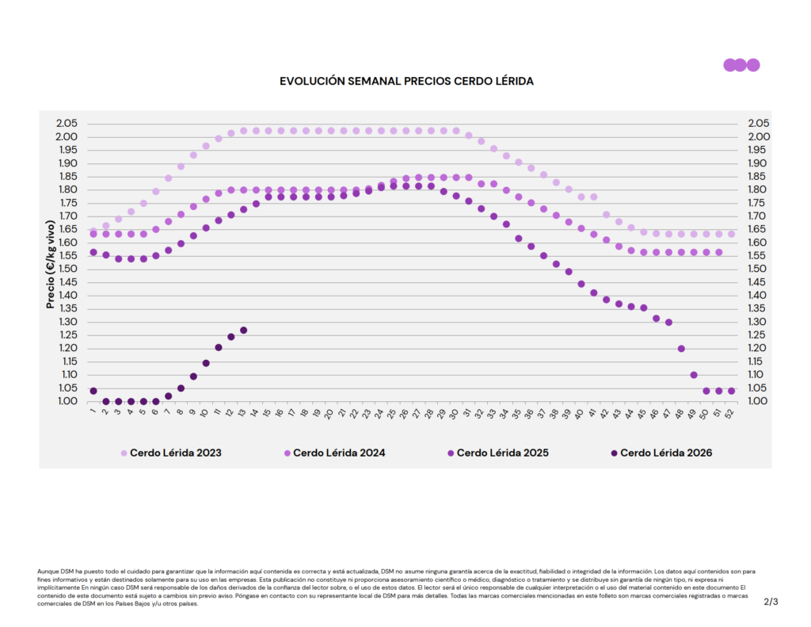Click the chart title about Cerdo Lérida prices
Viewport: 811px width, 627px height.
(407, 81)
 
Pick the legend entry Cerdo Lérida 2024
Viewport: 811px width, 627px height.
(339, 453)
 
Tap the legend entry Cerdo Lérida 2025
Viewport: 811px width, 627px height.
(503, 453)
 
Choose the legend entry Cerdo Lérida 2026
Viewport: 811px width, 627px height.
(666, 453)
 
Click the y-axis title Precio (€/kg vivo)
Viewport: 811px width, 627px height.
(51, 262)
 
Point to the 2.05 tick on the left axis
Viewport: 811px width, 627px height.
(67, 124)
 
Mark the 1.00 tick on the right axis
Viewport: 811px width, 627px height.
(759, 401)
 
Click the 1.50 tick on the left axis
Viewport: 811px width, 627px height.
(67, 269)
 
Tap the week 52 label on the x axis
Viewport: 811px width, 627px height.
(730, 414)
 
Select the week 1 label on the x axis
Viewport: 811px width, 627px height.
(93, 413)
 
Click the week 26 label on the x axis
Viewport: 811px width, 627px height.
(405, 414)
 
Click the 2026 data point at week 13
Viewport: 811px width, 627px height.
(244, 330)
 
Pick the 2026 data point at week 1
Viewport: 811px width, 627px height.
(93, 391)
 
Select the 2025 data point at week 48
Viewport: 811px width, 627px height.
(681, 349)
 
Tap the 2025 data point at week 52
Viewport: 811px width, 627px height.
(731, 391)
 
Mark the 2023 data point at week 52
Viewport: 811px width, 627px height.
(731, 234)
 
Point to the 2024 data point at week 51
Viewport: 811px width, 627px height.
(719, 252)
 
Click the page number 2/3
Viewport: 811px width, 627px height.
(771, 602)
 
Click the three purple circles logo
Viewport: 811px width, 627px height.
(741, 65)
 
